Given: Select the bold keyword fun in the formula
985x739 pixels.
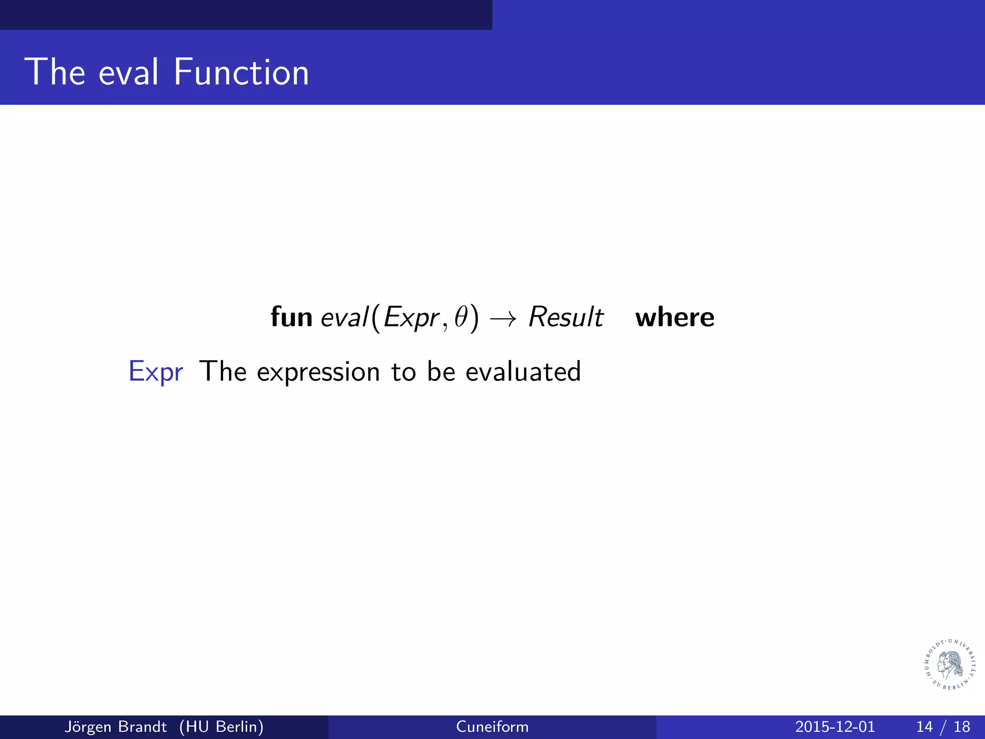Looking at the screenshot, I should click(x=291, y=317).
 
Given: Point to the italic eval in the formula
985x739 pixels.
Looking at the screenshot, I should click(x=344, y=317).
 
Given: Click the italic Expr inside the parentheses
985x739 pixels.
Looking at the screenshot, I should click(x=411, y=318).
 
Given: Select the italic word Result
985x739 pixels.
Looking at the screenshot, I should click(x=566, y=317).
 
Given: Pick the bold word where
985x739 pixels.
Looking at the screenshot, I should click(x=675, y=318).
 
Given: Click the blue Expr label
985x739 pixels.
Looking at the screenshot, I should click(x=156, y=372).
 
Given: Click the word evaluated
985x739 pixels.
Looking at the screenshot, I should click(x=523, y=371).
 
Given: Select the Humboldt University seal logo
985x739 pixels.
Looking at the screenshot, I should click(x=951, y=664).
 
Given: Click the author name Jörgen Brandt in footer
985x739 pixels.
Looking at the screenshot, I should click(x=115, y=726).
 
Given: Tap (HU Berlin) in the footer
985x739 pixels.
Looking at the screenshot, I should click(x=221, y=726).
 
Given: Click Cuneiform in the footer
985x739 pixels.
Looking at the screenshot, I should click(x=492, y=726).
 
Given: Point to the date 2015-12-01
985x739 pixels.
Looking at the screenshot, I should click(x=835, y=726).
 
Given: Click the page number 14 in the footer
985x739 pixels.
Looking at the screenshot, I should click(x=924, y=726).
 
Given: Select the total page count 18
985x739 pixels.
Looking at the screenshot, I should click(x=962, y=726).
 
